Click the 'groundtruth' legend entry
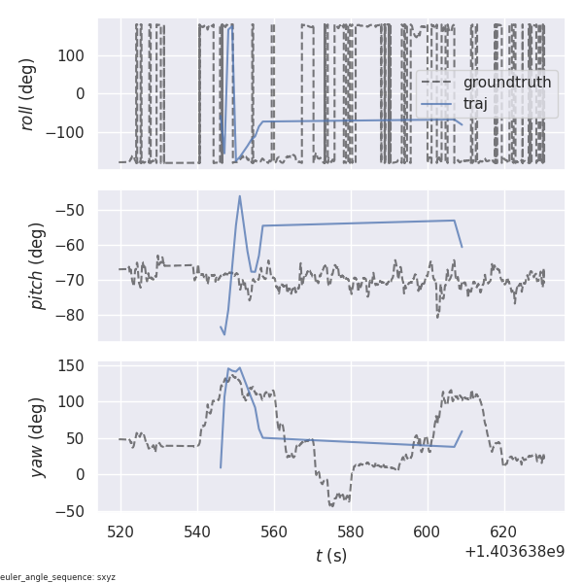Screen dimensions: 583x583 [506, 83]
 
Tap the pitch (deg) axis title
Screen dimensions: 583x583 [37, 266]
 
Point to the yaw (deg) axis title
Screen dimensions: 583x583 [37, 436]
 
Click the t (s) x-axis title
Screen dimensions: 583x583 [330, 556]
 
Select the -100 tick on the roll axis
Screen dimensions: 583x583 [68, 133]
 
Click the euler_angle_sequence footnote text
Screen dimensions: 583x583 [58, 577]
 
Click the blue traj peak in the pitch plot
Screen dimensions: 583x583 [239, 196]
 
